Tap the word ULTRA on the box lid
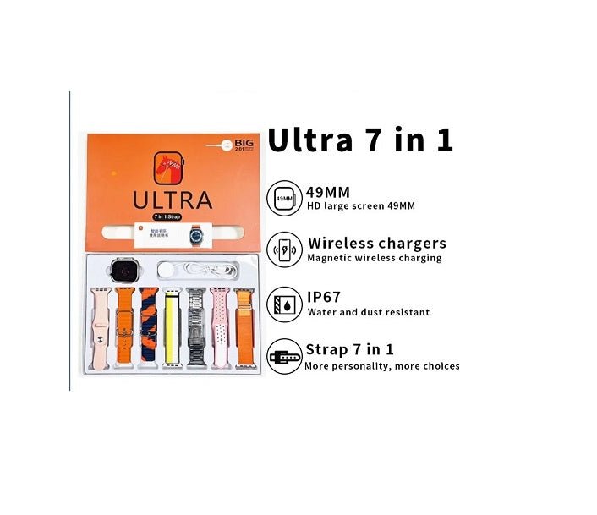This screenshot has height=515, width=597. coord(172,200)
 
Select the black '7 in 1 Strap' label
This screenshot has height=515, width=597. coord(172,218)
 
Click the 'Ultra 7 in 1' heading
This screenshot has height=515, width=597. coord(360,140)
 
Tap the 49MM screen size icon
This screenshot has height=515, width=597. coord(285,200)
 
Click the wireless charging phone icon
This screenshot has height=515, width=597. coord(285,251)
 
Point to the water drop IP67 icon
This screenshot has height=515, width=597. coord(285,304)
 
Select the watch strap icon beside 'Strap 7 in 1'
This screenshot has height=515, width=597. coord(285,358)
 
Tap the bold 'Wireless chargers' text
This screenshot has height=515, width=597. coord(376,244)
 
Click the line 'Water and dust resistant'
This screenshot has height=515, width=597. coord(367,312)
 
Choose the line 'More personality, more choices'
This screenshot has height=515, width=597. coord(382,366)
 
